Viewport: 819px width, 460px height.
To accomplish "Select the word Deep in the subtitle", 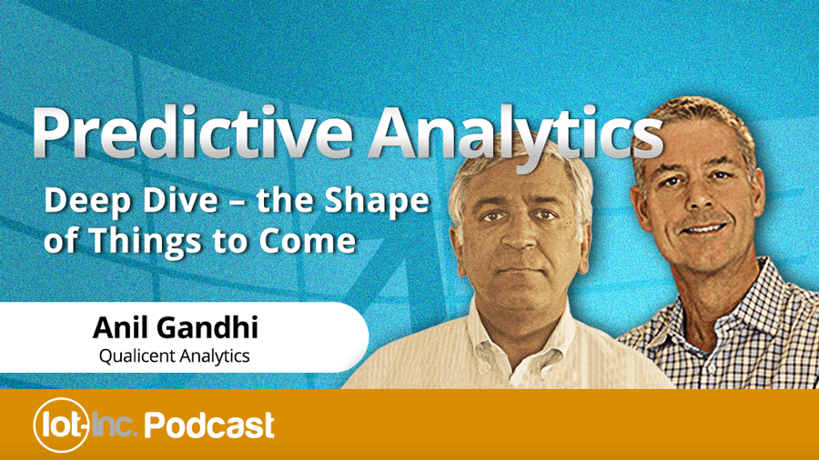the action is point(87,200).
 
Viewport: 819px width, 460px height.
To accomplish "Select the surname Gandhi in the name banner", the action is point(208,327).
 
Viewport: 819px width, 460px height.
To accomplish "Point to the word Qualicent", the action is point(137,356).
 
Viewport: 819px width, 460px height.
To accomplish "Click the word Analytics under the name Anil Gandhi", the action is point(215,356).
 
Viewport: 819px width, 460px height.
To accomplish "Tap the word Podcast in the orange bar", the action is point(209,425).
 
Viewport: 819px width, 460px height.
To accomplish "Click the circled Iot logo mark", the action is point(61,425).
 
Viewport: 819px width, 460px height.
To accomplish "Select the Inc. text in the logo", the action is point(115,425).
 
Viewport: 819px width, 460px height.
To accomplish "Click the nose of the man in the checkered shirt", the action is point(698,201).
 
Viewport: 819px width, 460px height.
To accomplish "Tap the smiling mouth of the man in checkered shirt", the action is point(703,228).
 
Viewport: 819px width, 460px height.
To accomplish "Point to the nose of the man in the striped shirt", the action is point(521,237).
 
